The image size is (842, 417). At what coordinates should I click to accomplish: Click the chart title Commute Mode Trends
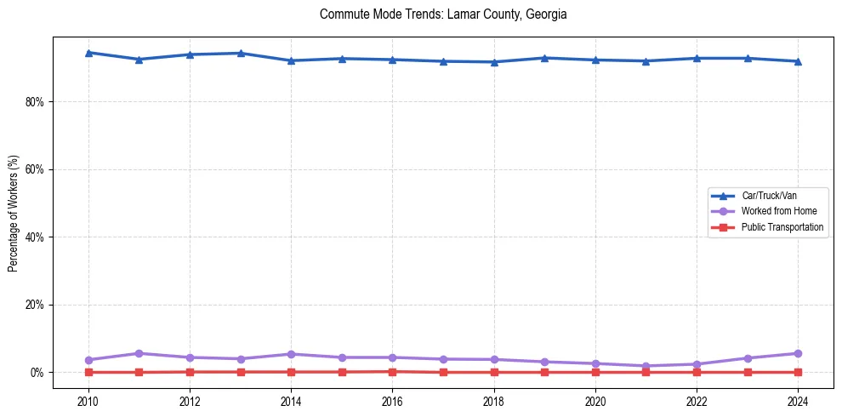443,14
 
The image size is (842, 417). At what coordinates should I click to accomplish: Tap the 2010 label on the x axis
88,400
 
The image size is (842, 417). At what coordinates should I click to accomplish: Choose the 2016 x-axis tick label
392,400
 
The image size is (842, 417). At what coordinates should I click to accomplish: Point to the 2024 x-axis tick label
798,400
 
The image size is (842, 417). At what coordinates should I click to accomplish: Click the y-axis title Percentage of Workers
14,212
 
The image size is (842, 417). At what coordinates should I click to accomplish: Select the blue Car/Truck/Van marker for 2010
88,53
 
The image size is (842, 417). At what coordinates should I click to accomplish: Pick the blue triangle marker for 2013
241,54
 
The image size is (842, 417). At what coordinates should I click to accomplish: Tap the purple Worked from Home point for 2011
139,353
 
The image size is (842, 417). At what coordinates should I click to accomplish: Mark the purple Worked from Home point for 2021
646,366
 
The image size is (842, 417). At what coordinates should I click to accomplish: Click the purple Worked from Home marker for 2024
798,353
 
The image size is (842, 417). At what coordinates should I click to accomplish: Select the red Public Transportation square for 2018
494,372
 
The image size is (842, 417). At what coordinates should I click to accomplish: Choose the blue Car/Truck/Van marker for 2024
798,61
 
